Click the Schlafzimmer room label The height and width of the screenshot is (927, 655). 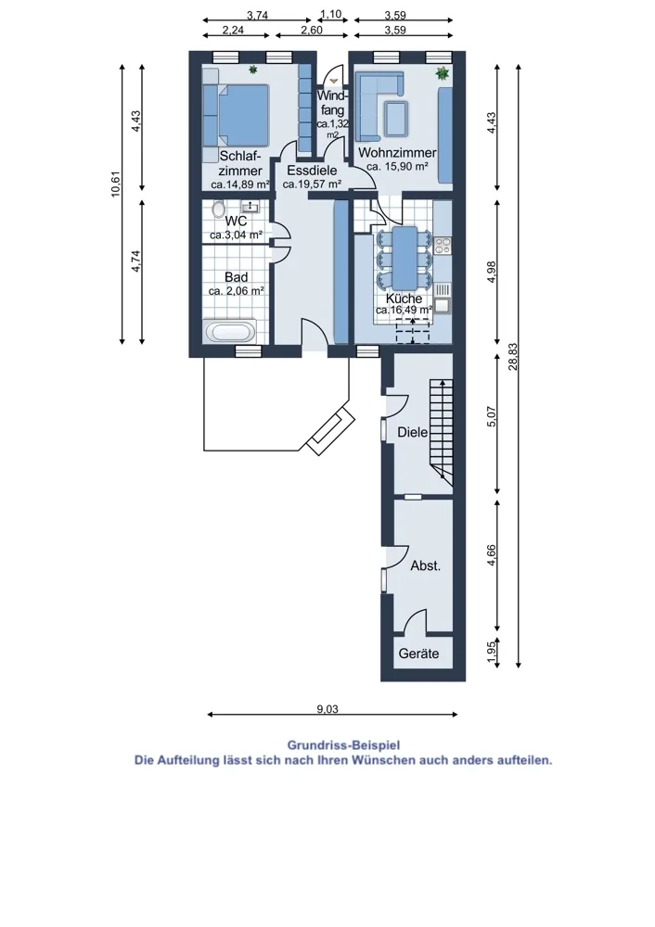[x=240, y=163]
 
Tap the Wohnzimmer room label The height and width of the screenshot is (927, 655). [x=397, y=153]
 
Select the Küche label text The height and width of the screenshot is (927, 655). [x=405, y=298]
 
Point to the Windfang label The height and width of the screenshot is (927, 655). [x=332, y=102]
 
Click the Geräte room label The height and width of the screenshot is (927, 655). [x=418, y=654]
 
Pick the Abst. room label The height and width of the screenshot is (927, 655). [x=426, y=565]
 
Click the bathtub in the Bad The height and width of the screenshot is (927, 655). [x=231, y=332]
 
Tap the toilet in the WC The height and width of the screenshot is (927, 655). [x=218, y=210]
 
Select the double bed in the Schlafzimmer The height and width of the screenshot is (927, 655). [x=236, y=115]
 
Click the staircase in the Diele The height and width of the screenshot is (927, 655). [x=442, y=430]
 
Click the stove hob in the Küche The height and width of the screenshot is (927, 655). [x=443, y=246]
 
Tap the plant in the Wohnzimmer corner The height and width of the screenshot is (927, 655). [x=442, y=74]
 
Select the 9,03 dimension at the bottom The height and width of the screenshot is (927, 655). [x=327, y=709]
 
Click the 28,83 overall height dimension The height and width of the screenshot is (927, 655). [x=512, y=357]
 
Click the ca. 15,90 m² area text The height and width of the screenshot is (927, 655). [x=397, y=167]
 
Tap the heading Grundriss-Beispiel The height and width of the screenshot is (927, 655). [x=343, y=745]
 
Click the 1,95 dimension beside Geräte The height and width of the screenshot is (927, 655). [x=491, y=652]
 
